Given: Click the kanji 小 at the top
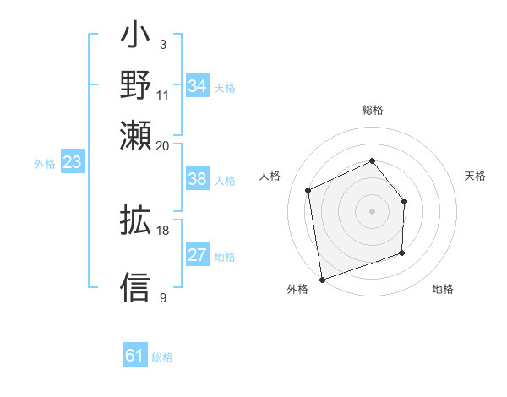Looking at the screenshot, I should coord(135,39).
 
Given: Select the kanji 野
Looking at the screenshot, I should coord(135,86).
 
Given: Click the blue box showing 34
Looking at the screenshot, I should coord(197,86).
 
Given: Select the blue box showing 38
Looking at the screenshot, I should coord(197,179).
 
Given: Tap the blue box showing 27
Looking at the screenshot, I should coord(197,255).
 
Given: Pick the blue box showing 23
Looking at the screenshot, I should coord(72,163).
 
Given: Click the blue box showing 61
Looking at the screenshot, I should coord(135,356).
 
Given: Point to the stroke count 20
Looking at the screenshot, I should coord(163,145).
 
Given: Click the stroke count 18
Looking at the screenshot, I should coord(163,230).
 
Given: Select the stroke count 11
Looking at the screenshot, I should coord(163,95).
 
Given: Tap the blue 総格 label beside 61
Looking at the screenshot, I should coord(162,357).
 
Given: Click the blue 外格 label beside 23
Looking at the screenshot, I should coord(45,164).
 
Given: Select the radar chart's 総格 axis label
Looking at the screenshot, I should coord(373,110).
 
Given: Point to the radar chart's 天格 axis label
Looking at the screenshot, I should coord(476,176).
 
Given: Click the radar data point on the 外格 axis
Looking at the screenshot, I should coord(322,279).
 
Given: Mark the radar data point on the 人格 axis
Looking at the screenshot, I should coord(308,190).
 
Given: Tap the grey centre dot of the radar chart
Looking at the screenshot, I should coord(373,210).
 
